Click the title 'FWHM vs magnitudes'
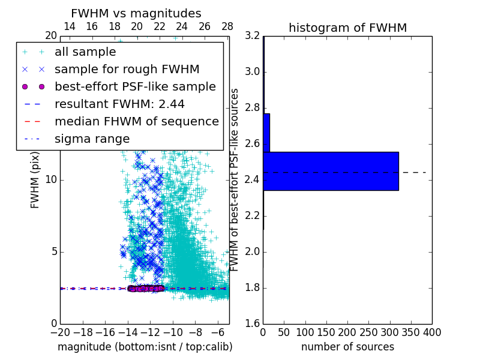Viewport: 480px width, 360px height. coord(136,13)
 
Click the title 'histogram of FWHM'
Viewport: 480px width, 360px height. coord(347,28)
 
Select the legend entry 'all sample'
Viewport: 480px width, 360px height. coord(85,52)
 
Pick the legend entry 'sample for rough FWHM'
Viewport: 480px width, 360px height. coord(127,70)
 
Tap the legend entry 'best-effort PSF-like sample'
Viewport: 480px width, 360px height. coord(135,86)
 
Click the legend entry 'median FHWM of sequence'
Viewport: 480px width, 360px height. coord(136,121)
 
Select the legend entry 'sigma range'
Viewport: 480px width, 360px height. coord(92,139)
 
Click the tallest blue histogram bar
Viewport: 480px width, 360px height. coord(331,171)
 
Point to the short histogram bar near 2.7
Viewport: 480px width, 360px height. coord(266,133)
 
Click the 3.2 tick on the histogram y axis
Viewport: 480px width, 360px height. coord(252,36)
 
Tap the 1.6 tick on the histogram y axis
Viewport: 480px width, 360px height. coord(252,324)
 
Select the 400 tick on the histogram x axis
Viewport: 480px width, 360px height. coord(431,332)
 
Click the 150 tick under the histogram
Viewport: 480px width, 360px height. coord(326,332)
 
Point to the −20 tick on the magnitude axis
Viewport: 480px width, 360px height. coord(60,332)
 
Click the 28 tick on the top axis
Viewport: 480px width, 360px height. coord(227,26)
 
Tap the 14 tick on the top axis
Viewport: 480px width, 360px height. coord(69,26)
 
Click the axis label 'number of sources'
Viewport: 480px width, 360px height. coord(347,347)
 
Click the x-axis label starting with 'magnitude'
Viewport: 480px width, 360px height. coord(145,347)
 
